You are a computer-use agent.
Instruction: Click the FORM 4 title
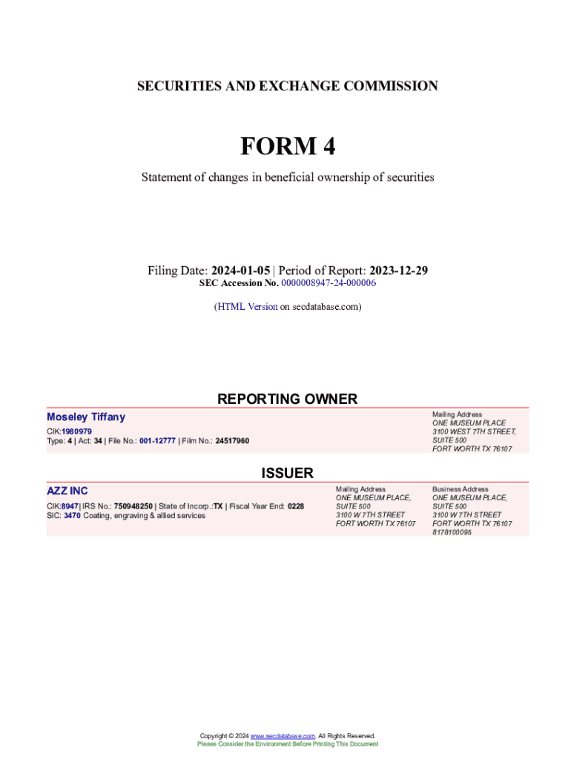pos(287,147)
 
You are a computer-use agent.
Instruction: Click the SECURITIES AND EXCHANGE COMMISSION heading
pos(287,86)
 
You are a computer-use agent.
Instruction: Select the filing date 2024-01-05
pos(241,271)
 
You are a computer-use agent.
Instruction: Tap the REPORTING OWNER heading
pos(287,399)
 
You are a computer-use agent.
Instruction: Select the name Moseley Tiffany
pos(86,417)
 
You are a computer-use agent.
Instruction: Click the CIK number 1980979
pos(76,431)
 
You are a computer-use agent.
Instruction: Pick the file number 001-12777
pos(157,441)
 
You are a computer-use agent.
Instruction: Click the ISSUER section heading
pos(287,473)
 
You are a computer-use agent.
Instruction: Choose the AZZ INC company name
pos(67,491)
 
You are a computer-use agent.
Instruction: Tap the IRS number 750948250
pos(133,506)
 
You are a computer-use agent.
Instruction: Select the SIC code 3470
pos(72,515)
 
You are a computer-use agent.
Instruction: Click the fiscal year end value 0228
pos(296,506)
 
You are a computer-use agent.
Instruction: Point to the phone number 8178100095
pos(452,532)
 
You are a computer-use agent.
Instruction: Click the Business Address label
pos(460,489)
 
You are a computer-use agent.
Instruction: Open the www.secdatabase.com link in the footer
pos(283,735)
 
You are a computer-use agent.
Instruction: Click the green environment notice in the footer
pos(287,743)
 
